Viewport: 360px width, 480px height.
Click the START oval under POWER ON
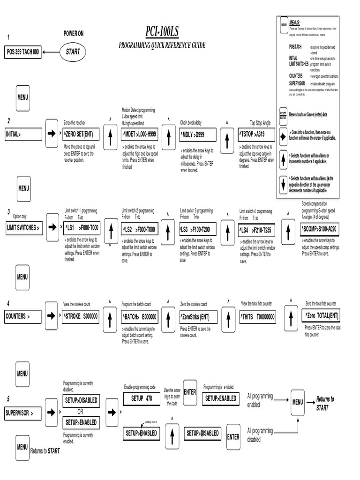73,52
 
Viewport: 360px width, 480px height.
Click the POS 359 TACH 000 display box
23,52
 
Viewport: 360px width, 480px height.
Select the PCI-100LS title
162,32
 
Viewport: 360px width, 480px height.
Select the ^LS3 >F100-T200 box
198,229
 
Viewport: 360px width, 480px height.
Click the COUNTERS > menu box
23,316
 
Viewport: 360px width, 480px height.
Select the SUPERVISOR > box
23,413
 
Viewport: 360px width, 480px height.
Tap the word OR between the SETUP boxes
80,412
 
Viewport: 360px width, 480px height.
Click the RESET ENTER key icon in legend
283,114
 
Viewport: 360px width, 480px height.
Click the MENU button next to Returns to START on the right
298,402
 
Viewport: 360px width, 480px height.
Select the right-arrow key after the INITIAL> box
51,134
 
